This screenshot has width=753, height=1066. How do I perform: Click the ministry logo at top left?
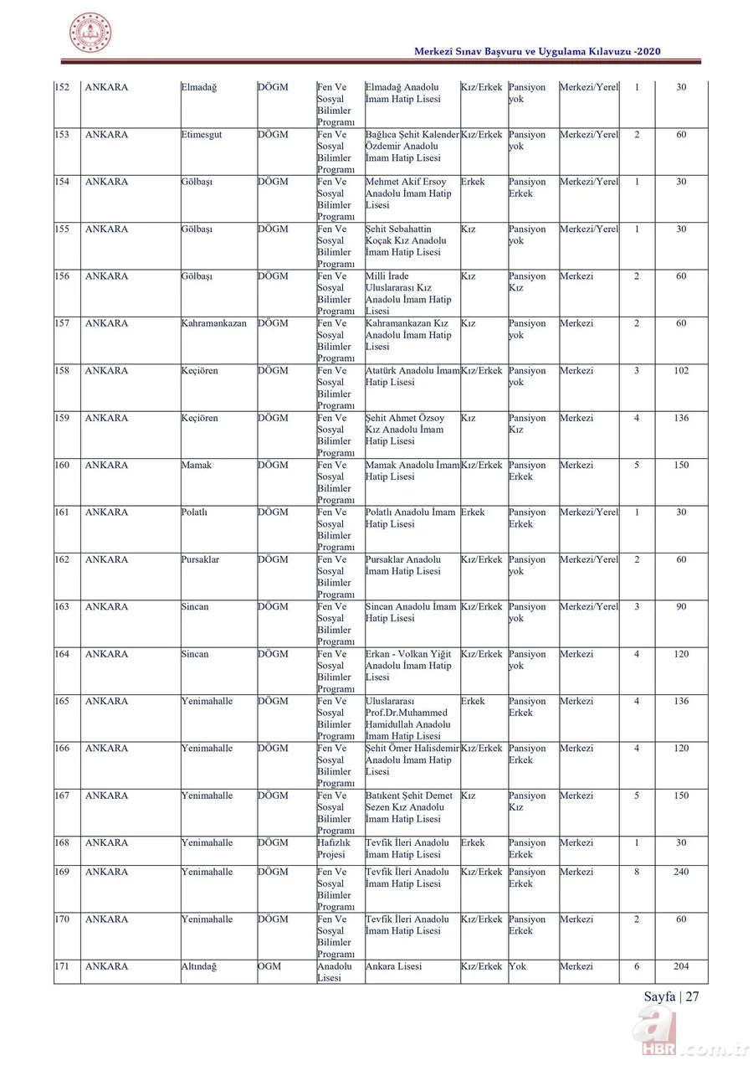click(90, 33)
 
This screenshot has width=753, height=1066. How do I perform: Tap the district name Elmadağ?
click(198, 87)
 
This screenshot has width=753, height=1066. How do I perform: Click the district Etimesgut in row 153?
click(201, 135)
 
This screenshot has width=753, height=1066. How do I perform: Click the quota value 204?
click(681, 966)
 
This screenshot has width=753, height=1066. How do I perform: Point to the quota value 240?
click(681, 872)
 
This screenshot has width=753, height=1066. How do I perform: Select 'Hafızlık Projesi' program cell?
click(334, 848)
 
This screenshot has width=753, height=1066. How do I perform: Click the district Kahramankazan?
click(213, 323)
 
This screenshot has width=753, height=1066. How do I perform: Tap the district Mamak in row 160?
click(196, 466)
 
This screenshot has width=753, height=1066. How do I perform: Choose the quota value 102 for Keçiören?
click(681, 371)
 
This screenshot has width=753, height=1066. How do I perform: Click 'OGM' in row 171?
click(269, 966)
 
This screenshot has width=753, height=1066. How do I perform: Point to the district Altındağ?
click(199, 966)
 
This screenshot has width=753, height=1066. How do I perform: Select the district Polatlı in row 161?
click(195, 512)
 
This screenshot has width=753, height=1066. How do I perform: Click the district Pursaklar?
click(200, 559)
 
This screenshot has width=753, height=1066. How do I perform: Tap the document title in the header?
click(538, 52)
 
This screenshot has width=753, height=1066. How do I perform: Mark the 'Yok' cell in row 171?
click(517, 966)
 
